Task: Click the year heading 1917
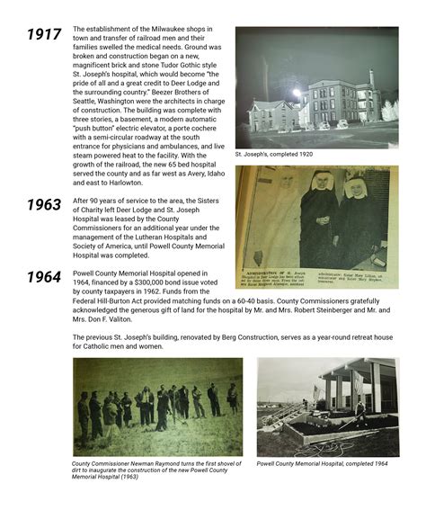[43, 35]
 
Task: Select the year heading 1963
[43, 205]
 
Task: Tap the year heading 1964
[43, 275]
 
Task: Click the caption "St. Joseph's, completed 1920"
[274, 154]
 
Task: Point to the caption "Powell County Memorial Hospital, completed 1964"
[321, 464]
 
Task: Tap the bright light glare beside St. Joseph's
[296, 93]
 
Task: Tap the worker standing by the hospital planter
[359, 415]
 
